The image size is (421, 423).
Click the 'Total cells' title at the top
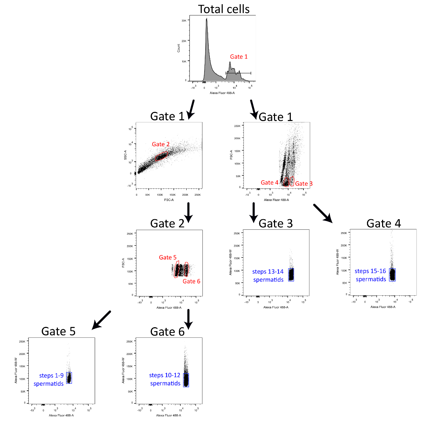[x=223, y=9]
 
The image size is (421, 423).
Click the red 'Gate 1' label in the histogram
[x=239, y=57]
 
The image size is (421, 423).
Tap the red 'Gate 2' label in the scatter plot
[x=161, y=144]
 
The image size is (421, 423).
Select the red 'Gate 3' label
[x=303, y=183]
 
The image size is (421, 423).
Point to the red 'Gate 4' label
[x=269, y=182]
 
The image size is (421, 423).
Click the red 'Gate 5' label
[x=168, y=257]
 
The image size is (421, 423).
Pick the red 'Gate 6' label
[x=191, y=281]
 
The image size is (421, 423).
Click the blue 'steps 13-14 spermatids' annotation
[x=268, y=276]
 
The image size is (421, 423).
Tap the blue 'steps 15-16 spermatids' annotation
[x=370, y=275]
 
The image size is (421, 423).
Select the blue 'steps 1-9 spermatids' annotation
[x=49, y=380]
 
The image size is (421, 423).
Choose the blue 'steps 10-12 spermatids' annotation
[x=165, y=379]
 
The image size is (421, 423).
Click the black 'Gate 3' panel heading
[x=275, y=223]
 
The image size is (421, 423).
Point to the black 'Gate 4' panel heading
[x=383, y=223]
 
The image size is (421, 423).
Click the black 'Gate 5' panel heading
[x=58, y=331]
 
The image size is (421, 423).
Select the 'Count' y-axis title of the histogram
[x=179, y=48]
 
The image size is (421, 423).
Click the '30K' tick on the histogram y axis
[x=184, y=21]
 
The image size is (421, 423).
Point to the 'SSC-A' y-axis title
[x=125, y=155]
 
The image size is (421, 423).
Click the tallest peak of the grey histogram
[x=207, y=20]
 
